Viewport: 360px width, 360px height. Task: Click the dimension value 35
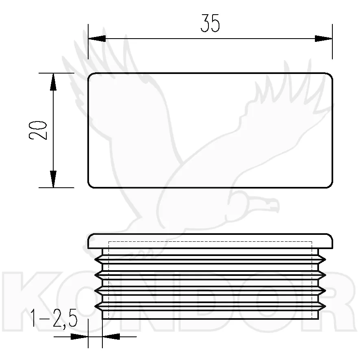(x=210, y=23)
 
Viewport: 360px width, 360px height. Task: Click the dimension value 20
(x=38, y=130)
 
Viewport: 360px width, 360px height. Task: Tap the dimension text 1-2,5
(x=54, y=318)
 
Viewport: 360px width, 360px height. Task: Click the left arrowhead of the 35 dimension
(x=97, y=39)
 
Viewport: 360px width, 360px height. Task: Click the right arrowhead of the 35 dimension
(x=323, y=39)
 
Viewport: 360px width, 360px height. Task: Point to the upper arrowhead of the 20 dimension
(x=53, y=82)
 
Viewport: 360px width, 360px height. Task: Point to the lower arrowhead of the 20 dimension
(x=53, y=179)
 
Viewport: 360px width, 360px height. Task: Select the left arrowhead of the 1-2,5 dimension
(x=80, y=337)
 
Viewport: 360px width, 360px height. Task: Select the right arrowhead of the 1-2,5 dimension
(x=111, y=337)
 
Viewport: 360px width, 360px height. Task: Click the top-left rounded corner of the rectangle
(x=90, y=75)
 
